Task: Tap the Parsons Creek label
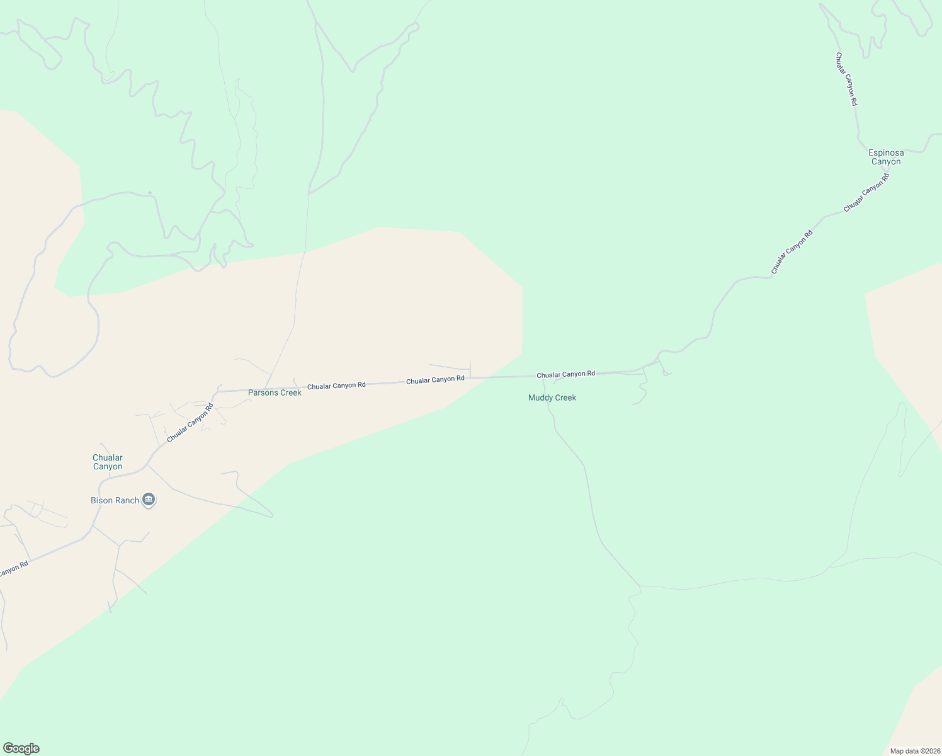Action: [275, 392]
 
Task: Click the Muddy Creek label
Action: [552, 398]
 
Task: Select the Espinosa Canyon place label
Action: [886, 157]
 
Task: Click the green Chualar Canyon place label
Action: [108, 462]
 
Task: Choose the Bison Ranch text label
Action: [115, 500]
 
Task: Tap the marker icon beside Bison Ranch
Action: [149, 500]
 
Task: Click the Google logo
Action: [21, 748]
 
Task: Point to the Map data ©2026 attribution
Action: [914, 751]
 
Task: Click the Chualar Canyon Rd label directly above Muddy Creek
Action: [565, 374]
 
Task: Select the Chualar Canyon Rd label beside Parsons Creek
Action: [336, 385]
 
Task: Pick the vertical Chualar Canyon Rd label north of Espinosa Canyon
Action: [846, 79]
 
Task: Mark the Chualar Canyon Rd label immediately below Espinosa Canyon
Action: [866, 192]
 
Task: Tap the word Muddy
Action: [540, 398]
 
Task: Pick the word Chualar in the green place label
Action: [108, 457]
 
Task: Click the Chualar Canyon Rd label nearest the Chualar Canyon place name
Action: [190, 422]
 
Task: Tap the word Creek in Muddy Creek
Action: [565, 398]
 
